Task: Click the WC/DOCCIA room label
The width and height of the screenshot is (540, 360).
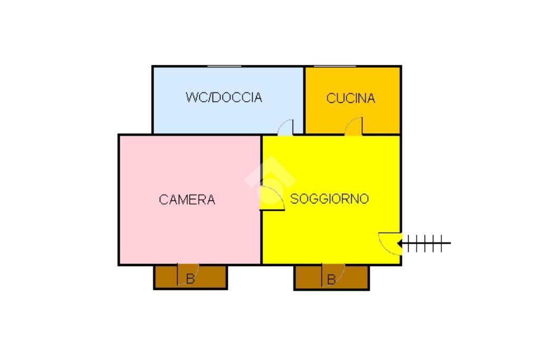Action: coord(224,98)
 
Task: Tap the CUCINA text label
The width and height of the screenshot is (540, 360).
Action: coord(351,98)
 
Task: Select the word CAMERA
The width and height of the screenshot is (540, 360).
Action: coord(187,200)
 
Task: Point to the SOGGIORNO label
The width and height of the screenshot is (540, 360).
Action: coord(330,199)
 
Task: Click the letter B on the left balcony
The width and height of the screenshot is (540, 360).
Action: coord(190,279)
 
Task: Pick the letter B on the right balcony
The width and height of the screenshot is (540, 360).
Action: coord(331,280)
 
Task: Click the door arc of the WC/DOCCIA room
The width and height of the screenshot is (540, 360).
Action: coord(286,127)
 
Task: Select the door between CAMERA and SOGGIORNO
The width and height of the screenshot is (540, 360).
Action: coord(273,198)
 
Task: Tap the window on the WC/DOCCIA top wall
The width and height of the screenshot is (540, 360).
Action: coord(225,66)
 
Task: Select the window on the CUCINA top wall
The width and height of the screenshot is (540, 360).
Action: coord(335,66)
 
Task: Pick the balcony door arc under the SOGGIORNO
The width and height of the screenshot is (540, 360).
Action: coord(333,273)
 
